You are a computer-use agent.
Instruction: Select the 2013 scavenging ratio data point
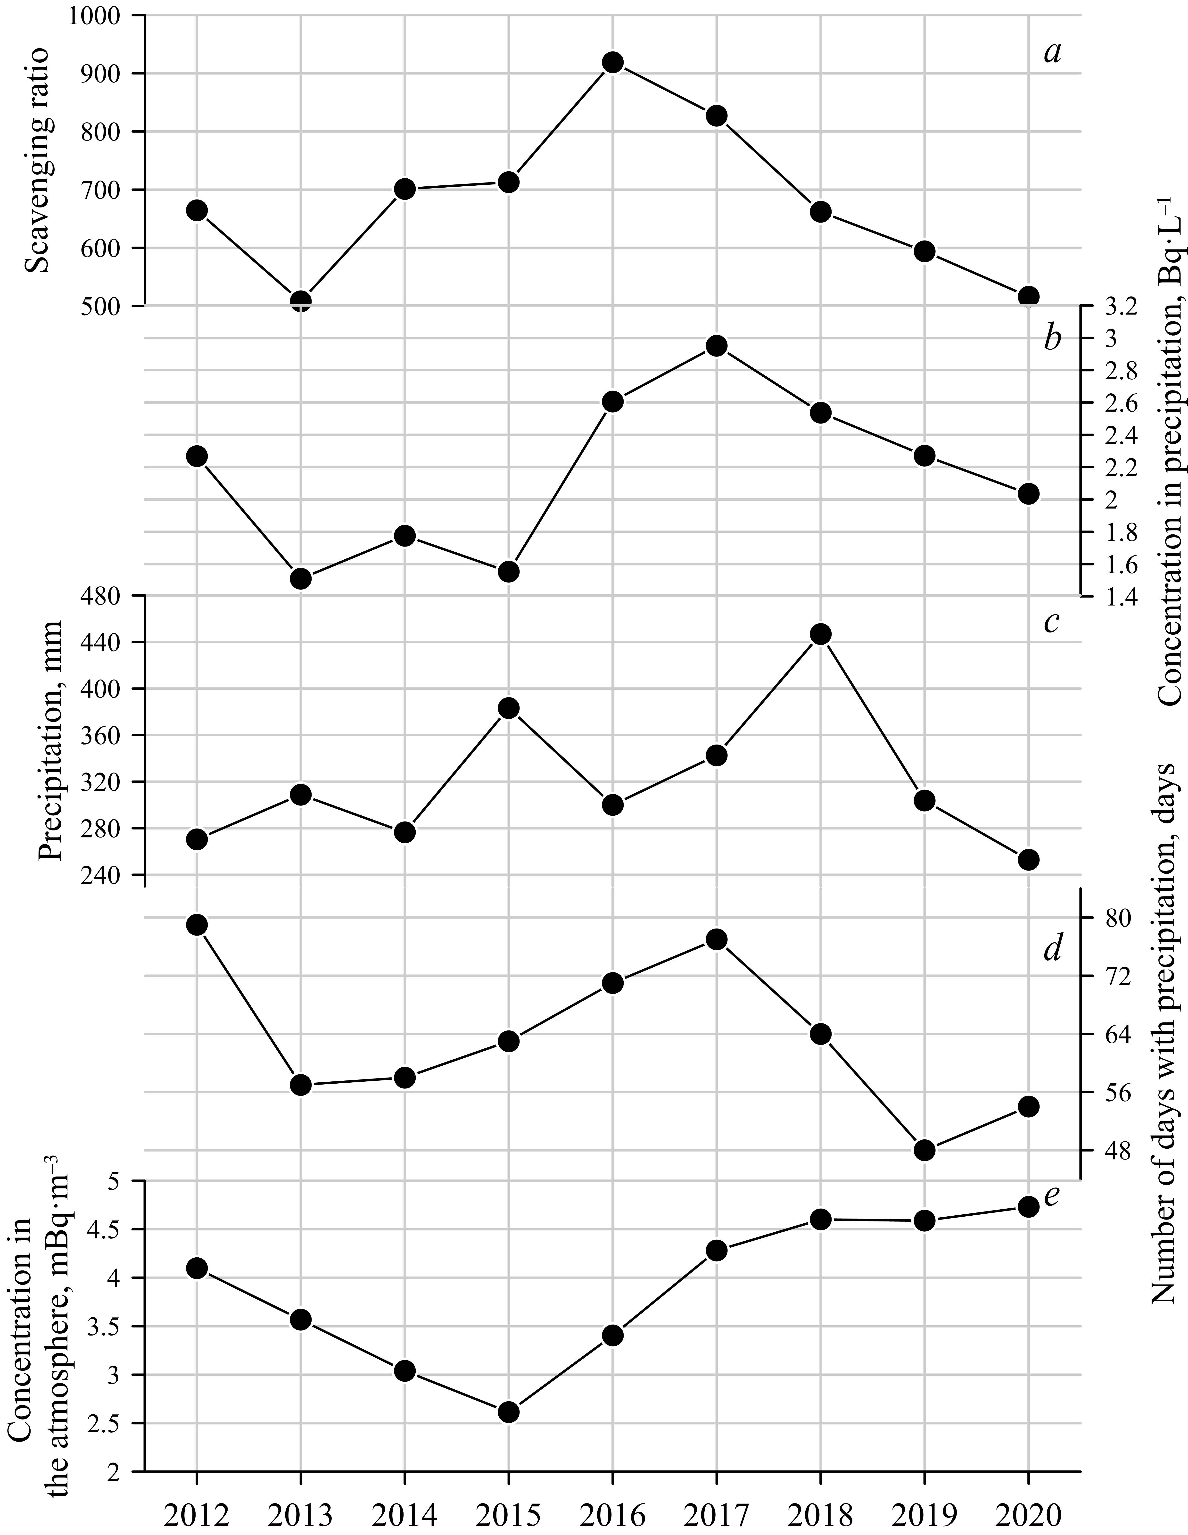(x=301, y=301)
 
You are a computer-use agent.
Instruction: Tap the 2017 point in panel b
(x=716, y=346)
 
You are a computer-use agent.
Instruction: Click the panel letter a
(x=1052, y=53)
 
